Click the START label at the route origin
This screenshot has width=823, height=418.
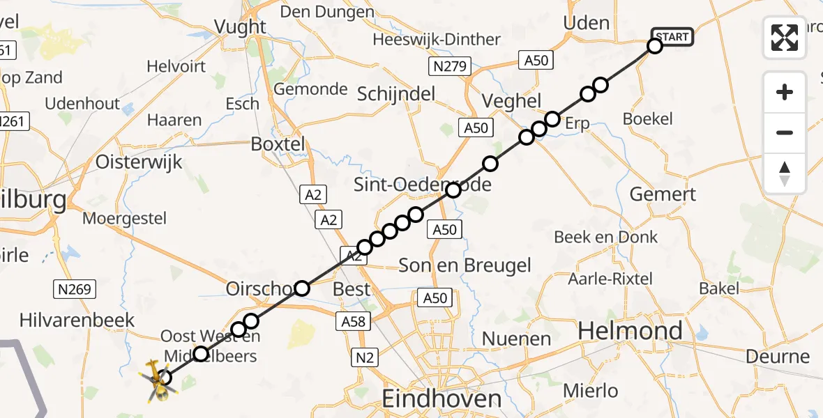tap(672, 37)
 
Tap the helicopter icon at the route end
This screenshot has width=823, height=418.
tap(158, 380)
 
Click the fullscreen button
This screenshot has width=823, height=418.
tap(785, 38)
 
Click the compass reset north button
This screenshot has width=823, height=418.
tap(785, 173)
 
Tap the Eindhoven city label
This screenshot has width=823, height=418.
tap(441, 398)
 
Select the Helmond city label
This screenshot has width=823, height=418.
tap(631, 330)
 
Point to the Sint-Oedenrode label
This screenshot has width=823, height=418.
tap(423, 185)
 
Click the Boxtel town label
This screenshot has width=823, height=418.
tap(278, 144)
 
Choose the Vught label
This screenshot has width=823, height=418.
tap(241, 26)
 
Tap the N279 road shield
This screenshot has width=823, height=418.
tap(450, 67)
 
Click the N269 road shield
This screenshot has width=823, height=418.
tap(75, 288)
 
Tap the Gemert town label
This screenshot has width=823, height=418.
tap(663, 194)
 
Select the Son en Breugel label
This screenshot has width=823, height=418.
tap(465, 265)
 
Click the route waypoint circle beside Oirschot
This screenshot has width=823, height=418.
tap(302, 288)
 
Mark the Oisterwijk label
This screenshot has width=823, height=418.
tap(139, 162)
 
